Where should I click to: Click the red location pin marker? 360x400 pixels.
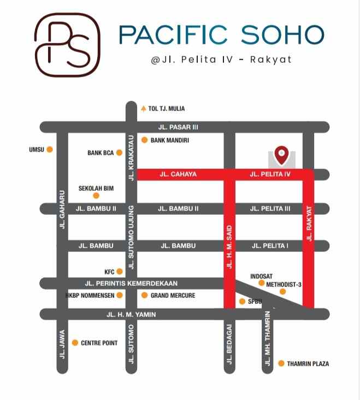(x=281, y=155)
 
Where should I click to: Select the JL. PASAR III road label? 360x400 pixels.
(x=178, y=127)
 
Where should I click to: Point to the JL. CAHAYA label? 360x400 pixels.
(x=178, y=174)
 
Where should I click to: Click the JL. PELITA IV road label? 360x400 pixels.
(x=270, y=174)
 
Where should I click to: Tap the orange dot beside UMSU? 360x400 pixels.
(x=50, y=149)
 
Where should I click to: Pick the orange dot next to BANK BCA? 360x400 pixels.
(x=119, y=153)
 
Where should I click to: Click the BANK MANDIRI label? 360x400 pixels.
(x=169, y=140)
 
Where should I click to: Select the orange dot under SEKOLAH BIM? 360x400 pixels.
(x=96, y=196)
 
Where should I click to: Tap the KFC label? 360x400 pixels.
(x=109, y=272)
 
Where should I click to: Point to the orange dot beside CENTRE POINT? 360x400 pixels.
(x=75, y=343)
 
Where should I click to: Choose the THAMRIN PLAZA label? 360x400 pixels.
(x=308, y=363)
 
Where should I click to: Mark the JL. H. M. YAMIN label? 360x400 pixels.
(x=131, y=314)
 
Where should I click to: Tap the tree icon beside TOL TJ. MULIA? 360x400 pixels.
(x=144, y=108)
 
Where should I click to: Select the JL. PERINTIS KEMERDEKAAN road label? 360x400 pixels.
(x=131, y=284)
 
